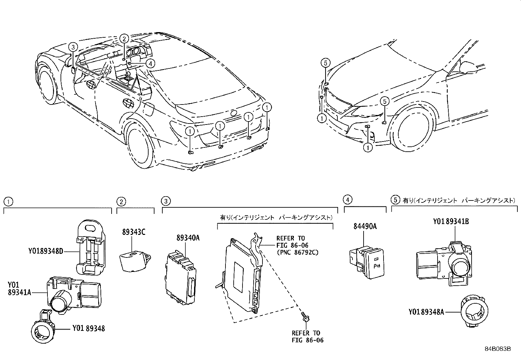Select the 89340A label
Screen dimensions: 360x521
(188, 238)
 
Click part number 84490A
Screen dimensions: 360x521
(365, 226)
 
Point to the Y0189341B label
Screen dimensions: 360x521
(451, 221)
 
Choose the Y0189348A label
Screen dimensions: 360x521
(426, 312)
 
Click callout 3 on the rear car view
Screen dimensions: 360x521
(73, 47)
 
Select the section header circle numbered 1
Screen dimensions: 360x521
(8, 201)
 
